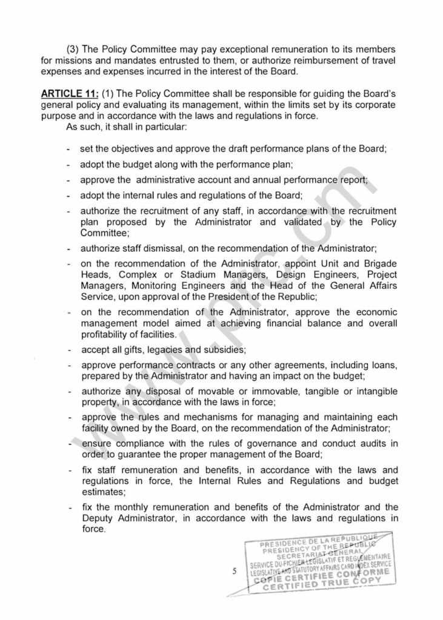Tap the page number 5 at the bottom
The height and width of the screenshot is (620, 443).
pyautogui.click(x=233, y=570)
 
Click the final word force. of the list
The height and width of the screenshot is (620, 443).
pyautogui.click(x=93, y=530)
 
